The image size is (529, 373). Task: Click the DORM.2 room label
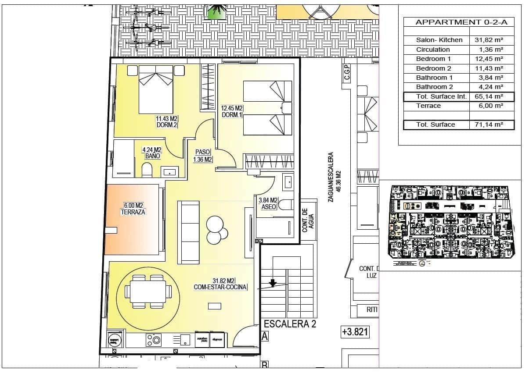(166, 125)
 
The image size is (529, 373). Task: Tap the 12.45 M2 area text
(232, 108)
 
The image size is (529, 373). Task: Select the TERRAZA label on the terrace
(133, 212)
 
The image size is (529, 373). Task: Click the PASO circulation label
(203, 152)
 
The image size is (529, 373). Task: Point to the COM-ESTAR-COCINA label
(220, 288)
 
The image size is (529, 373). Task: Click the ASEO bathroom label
(268, 206)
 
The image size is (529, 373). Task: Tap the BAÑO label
(151, 156)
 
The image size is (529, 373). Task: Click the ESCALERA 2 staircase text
(290, 325)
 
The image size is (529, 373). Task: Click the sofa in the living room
(189, 232)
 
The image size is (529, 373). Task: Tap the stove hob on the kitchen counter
(153, 339)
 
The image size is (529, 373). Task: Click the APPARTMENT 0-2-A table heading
(458, 22)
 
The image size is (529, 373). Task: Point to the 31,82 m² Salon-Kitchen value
(489, 40)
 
